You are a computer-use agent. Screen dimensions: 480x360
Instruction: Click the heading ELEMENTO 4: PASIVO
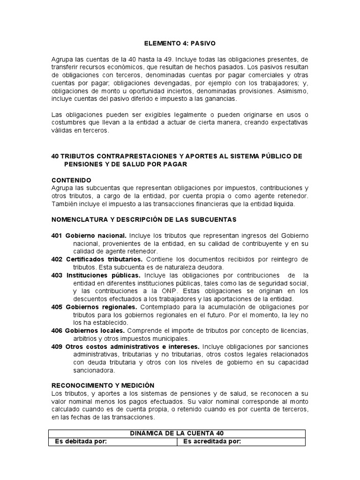tap(180, 44)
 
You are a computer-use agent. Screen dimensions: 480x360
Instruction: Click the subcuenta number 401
tap(57, 235)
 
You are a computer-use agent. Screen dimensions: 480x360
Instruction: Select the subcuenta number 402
tap(57, 259)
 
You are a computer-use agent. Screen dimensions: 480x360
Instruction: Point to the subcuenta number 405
tap(57, 307)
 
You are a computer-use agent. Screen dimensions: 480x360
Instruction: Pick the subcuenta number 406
tap(57, 330)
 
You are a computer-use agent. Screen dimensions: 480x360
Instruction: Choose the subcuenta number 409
tap(57, 346)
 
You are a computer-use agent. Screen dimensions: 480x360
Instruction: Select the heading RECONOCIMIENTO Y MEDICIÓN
tap(103, 385)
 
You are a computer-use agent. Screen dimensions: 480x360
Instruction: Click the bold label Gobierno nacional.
tap(96, 235)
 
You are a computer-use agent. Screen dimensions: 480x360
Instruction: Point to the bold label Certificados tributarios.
tap(104, 259)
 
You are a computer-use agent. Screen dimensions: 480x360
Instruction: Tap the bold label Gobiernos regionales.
tap(98, 307)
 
